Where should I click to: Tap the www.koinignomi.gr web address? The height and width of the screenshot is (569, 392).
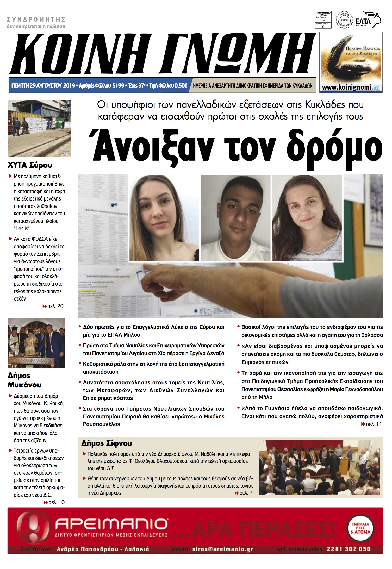(351, 87)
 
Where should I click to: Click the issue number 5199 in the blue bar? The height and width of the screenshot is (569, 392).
(118, 86)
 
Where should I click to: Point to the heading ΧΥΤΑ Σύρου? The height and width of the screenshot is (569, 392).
(30, 165)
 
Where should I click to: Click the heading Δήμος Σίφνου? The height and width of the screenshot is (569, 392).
(107, 443)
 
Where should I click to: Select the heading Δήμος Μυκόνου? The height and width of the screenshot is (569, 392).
(24, 380)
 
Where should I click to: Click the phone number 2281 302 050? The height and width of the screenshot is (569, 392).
(349, 549)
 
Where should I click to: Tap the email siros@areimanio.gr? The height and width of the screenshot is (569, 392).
(222, 549)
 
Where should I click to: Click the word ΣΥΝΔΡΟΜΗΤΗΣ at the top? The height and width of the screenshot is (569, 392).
(36, 20)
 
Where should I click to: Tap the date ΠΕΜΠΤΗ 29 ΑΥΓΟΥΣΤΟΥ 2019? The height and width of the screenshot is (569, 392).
(43, 86)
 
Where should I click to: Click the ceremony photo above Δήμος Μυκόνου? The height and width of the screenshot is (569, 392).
(36, 343)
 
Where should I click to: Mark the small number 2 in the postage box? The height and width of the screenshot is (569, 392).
(323, 26)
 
